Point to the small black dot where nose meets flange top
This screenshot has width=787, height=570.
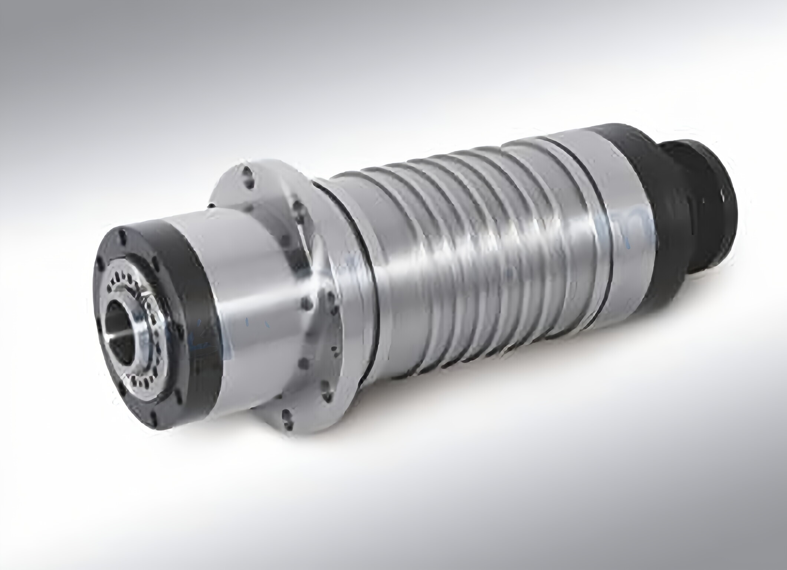point(211,205)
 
